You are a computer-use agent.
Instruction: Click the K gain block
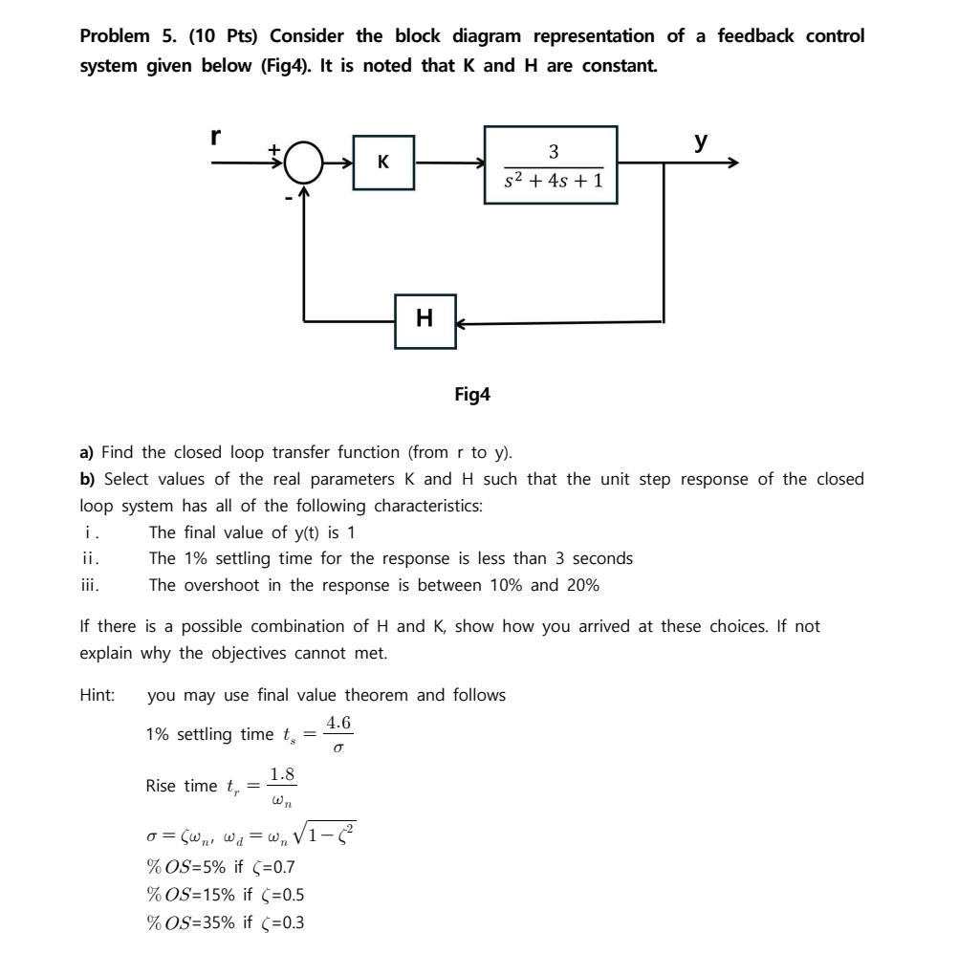(x=382, y=163)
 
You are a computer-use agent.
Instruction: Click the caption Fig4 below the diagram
(x=472, y=393)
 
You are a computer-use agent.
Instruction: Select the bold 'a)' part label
(x=87, y=452)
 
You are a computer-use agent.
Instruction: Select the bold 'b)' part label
(x=87, y=479)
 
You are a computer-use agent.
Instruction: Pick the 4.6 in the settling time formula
(x=339, y=724)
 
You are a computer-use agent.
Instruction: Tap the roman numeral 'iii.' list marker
(x=89, y=585)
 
